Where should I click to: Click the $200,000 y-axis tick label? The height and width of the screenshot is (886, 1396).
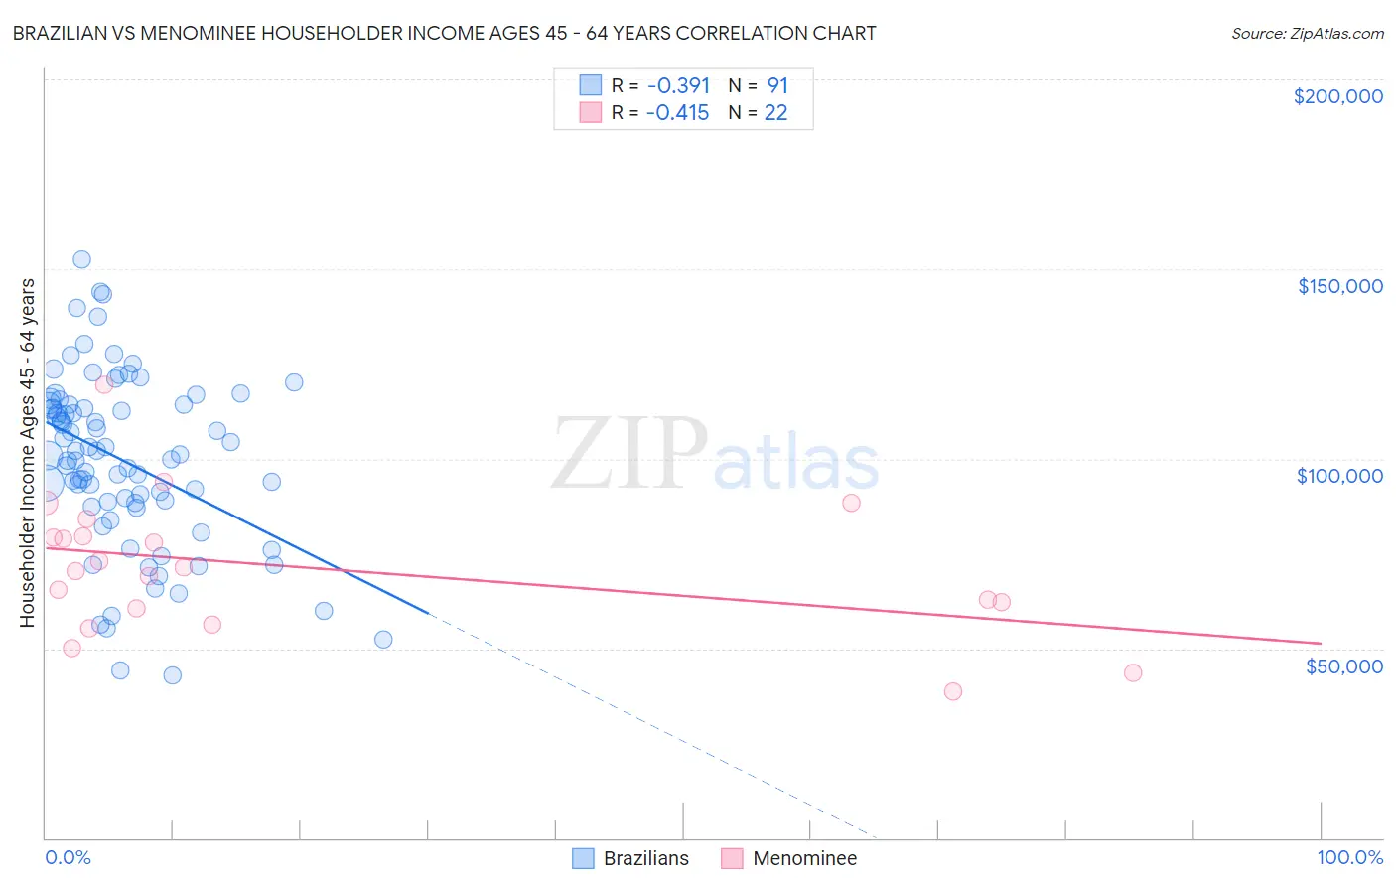pos(1337,96)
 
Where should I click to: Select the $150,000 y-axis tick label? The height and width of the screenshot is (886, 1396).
pos(1339,286)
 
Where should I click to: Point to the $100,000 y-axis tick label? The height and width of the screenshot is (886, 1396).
pos(1339,476)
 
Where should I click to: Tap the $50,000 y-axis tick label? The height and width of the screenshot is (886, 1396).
pos(1343,665)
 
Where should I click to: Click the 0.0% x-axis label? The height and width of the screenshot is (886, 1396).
pos(68,857)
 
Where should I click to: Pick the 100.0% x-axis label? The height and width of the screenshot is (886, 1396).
pos(1349,857)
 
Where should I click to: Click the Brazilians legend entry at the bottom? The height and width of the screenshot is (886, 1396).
pos(631,858)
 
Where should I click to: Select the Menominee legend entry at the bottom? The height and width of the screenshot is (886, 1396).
pos(789,858)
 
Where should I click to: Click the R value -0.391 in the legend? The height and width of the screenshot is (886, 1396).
pos(678,86)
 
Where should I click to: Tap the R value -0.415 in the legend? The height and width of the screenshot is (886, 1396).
pos(677,113)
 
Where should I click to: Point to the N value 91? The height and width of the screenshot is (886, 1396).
pos(777,86)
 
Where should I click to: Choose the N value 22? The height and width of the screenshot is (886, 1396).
pos(775,113)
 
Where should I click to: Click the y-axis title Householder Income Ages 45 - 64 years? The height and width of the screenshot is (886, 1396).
pos(27,453)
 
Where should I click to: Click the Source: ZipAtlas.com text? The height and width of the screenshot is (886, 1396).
pos(1307,33)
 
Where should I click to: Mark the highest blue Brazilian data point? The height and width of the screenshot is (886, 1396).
pos(81,259)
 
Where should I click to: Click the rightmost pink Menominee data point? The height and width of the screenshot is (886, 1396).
pos(1133,672)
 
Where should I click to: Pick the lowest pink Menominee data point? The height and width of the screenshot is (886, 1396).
pos(953,691)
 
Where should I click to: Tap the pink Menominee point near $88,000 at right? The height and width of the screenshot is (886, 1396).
pos(851,503)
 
